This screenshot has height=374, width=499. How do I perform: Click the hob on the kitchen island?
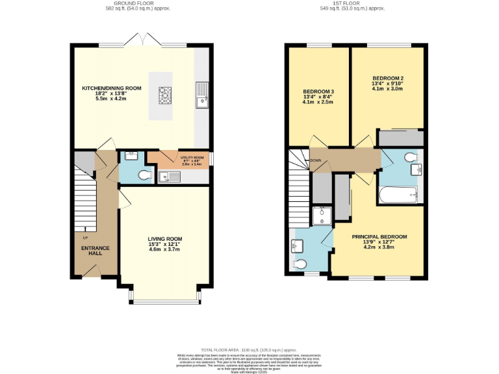coord(165,96)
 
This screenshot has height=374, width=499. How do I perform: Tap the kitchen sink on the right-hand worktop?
coord(202,95)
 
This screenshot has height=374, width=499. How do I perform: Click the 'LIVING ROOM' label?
coord(165,239)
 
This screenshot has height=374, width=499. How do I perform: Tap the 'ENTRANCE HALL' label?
coord(95,250)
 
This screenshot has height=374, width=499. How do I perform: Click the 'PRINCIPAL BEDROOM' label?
coord(379,237)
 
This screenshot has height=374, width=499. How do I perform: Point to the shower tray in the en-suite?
coord(322,215)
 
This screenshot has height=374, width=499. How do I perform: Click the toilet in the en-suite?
coord(300,264)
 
